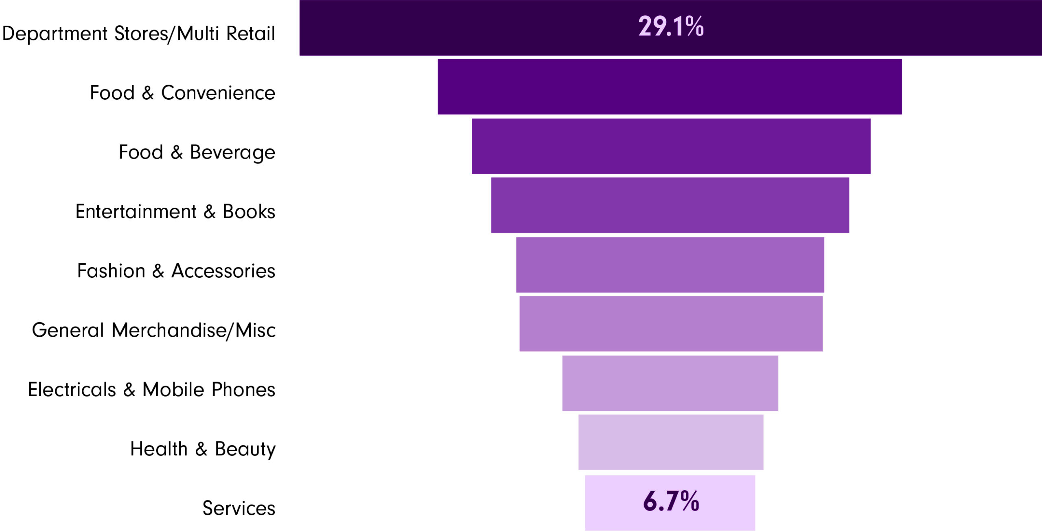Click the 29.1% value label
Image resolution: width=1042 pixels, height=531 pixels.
[x=671, y=26]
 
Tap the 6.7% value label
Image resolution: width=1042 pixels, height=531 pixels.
[x=671, y=501]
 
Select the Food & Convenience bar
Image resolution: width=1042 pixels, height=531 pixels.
[x=670, y=87]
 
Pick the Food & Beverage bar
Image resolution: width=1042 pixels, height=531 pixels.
[x=671, y=146]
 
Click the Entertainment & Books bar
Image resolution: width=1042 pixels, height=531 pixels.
[x=670, y=205]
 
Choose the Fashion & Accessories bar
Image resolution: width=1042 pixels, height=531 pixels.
[x=670, y=265]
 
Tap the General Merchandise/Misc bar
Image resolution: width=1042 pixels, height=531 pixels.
[x=671, y=324]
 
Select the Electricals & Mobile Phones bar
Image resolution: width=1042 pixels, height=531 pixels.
[x=670, y=383]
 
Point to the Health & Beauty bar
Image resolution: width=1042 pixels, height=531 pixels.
[x=671, y=442]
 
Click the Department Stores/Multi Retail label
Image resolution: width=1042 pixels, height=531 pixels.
[x=138, y=33]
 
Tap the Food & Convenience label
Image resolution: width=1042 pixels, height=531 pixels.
[x=182, y=93]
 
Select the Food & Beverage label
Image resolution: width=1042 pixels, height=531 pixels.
[x=197, y=152]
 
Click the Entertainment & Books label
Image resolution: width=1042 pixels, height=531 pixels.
[x=175, y=212]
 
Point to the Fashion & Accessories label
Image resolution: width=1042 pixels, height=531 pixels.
[x=176, y=271]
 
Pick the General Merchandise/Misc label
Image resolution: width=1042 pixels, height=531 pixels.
[x=154, y=330]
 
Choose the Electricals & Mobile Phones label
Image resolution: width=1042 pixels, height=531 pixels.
[x=152, y=390]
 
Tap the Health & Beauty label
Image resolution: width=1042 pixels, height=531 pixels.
[x=203, y=449]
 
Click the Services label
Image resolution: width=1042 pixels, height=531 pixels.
[x=239, y=508]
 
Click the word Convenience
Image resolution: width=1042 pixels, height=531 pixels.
[x=218, y=93]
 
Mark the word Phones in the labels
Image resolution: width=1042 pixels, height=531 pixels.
[x=243, y=390]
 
